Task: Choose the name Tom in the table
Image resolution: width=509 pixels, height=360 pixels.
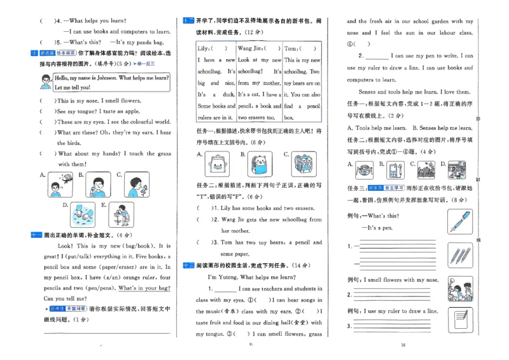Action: pos(290,48)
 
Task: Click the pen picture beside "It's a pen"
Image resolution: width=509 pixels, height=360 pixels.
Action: pos(459,221)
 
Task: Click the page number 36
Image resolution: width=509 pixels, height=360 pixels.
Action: pos(403,345)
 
